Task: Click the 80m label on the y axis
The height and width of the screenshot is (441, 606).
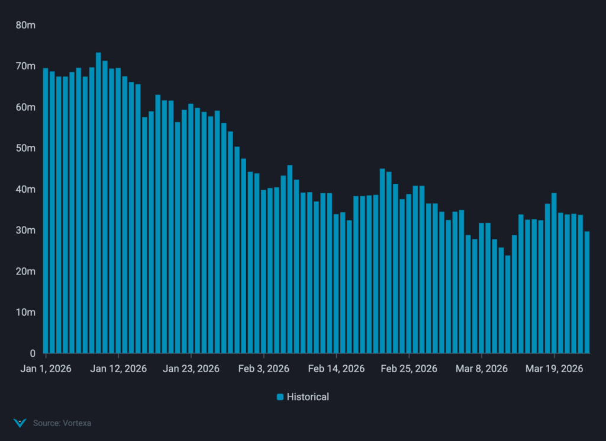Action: click(26, 25)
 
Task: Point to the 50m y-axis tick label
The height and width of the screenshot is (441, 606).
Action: click(26, 148)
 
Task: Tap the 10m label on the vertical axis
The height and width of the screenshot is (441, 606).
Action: click(26, 312)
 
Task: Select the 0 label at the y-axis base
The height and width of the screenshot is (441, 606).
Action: click(33, 353)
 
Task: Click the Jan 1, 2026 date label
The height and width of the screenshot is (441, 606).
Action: click(46, 369)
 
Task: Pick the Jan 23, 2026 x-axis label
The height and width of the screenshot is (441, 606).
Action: click(191, 369)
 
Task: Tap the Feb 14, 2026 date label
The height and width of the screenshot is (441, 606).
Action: click(336, 369)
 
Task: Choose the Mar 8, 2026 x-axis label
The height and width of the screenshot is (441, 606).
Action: click(481, 369)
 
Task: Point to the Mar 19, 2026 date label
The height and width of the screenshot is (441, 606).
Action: click(554, 369)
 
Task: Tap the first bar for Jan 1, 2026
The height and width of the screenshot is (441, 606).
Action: click(46, 210)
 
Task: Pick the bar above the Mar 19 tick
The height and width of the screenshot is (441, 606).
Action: click(554, 273)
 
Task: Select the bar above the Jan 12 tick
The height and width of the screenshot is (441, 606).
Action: click(118, 210)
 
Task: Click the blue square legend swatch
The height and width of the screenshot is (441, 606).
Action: click(280, 397)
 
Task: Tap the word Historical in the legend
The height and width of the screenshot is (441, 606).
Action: click(308, 397)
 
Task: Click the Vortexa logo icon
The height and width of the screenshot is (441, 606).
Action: click(20, 423)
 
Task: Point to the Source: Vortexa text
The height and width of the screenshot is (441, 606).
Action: click(62, 423)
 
